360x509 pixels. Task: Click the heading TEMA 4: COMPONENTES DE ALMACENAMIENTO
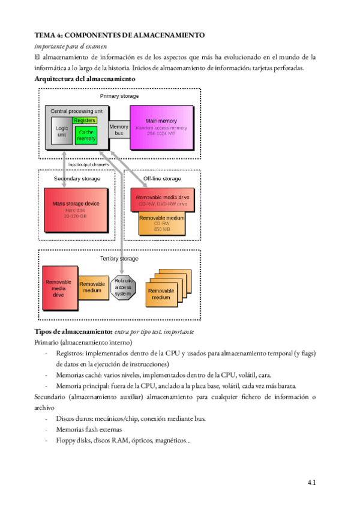(x=120, y=35)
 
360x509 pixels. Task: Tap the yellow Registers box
(x=85, y=121)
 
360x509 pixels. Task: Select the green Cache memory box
(x=86, y=136)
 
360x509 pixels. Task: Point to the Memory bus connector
(x=119, y=130)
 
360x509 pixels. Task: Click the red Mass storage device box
(x=76, y=211)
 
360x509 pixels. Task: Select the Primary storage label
(x=119, y=96)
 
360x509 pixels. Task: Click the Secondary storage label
(x=77, y=178)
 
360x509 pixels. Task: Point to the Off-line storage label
(x=162, y=178)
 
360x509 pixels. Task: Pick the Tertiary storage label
(x=119, y=259)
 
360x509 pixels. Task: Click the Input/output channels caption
(x=88, y=164)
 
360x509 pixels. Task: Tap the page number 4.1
(x=311, y=482)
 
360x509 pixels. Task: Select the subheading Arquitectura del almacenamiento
(x=85, y=79)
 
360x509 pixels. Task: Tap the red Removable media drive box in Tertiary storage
(x=58, y=288)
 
